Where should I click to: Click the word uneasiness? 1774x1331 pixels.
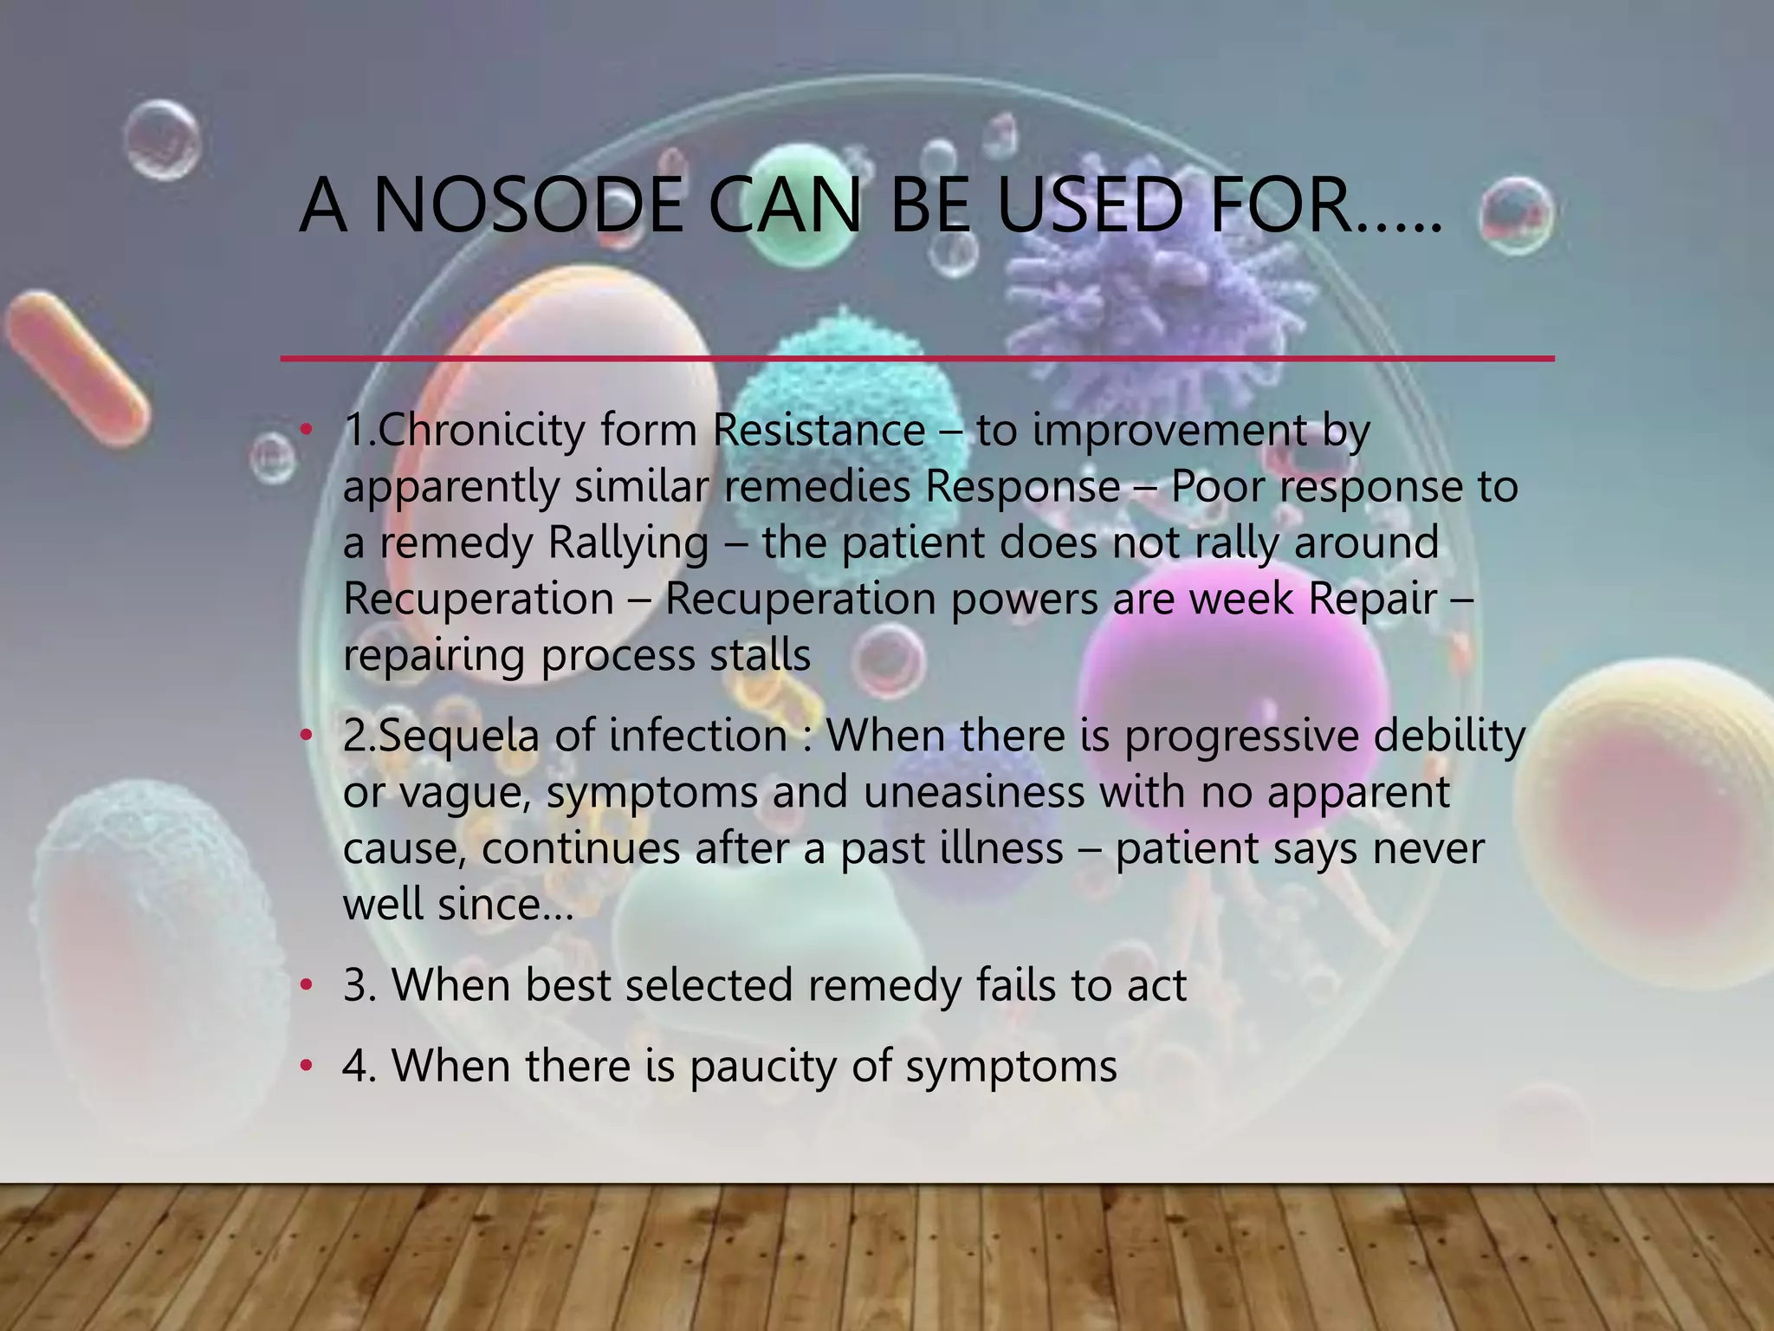click(x=974, y=792)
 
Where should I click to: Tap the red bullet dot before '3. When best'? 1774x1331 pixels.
click(x=305, y=985)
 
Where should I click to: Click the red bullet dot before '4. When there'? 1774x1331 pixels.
click(x=305, y=1066)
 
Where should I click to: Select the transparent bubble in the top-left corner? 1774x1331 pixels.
click(x=162, y=140)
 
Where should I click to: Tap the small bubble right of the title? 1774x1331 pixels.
click(x=1516, y=215)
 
